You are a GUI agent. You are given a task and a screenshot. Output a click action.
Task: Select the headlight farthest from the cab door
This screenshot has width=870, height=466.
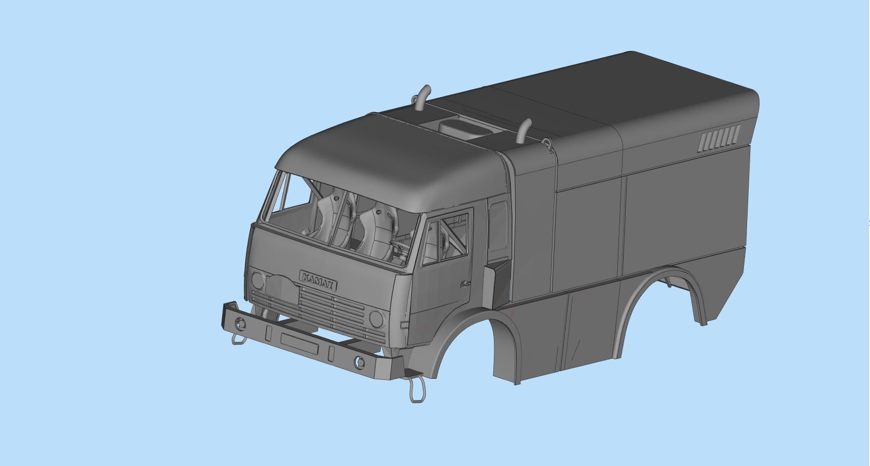(x=258, y=281)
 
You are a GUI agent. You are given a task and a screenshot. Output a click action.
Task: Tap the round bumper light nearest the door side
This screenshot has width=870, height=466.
(x=359, y=362)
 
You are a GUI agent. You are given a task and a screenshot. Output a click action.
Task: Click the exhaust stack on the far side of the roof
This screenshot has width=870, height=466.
(x=422, y=98)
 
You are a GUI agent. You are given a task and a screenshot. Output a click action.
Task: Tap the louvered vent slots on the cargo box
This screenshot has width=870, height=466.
(x=719, y=139)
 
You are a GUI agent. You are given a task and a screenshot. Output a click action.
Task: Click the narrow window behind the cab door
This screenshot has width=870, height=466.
(x=498, y=231)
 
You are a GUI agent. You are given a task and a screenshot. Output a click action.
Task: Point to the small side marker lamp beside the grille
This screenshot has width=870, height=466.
(x=404, y=325)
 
